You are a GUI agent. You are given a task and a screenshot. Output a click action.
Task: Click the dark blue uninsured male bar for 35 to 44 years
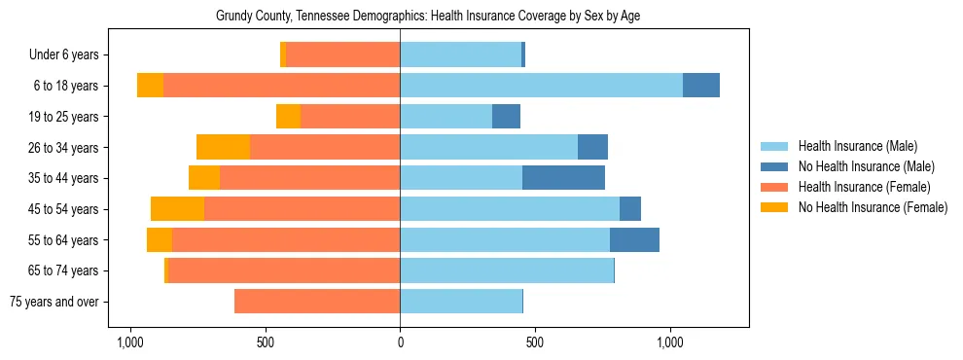pos(563,178)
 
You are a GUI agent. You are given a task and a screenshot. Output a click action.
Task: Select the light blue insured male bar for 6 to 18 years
pos(541,86)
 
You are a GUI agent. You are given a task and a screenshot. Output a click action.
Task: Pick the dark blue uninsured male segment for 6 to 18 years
pos(700,86)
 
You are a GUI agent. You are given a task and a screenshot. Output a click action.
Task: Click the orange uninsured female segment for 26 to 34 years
pos(223,147)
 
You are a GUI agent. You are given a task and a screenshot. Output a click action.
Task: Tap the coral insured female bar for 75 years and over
pos(317,302)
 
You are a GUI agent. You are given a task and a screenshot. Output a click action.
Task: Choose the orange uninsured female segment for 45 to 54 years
pos(177,209)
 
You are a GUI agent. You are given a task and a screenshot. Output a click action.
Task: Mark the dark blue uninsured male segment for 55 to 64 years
pos(634,239)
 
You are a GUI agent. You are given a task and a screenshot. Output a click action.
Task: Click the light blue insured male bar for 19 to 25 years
pos(446,117)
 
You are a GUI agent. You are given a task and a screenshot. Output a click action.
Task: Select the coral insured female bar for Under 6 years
pos(343,55)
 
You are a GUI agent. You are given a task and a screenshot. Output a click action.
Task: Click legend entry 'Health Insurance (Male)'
pos(857,146)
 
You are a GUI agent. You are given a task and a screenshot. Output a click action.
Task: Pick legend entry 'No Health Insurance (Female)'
pos(873,207)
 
